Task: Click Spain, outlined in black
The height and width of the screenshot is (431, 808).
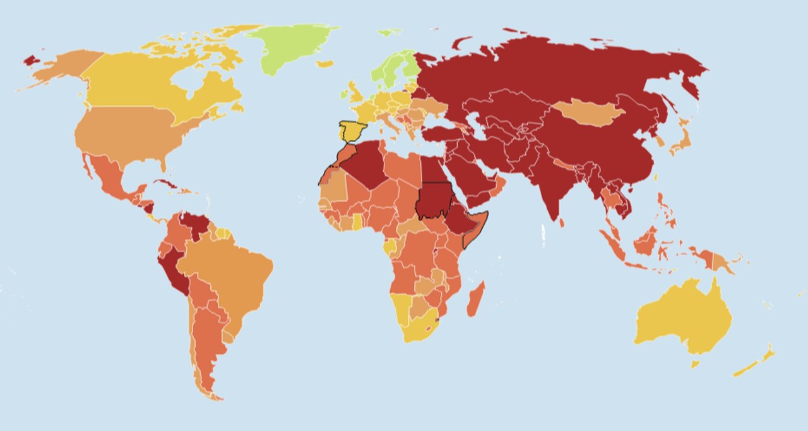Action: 352,131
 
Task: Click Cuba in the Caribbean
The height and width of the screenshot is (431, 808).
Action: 167,185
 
